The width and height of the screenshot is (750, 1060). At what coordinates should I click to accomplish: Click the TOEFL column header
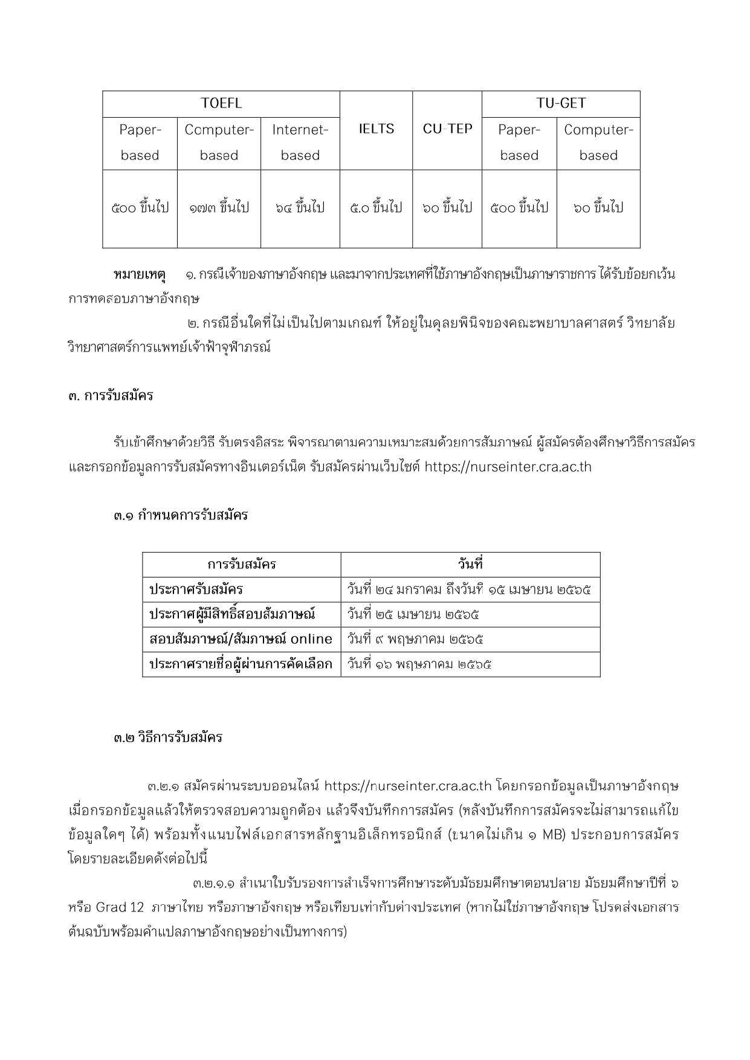221,103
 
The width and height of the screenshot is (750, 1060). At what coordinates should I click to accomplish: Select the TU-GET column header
561,103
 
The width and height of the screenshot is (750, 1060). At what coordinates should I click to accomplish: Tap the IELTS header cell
376,129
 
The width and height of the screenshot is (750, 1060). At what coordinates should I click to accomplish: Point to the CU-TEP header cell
447,129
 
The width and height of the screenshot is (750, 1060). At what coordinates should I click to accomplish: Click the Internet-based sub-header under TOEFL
300,143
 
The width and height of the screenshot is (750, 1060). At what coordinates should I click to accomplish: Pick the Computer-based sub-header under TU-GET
598,143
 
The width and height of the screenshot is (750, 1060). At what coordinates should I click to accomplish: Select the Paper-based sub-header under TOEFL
140,143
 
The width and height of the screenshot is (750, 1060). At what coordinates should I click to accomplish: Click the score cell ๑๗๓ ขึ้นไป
219,208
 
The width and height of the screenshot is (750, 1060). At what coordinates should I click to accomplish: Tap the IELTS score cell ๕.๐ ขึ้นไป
376,208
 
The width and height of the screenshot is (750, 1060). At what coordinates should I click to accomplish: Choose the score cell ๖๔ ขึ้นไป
300,208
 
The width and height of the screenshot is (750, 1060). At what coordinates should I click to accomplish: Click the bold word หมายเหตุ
140,275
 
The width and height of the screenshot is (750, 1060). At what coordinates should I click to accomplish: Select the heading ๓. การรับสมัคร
111,396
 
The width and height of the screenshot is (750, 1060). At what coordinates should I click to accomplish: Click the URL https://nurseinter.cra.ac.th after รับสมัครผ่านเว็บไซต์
508,467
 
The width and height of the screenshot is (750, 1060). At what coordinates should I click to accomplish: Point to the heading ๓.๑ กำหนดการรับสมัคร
181,516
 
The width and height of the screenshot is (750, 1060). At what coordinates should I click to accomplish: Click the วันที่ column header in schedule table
470,565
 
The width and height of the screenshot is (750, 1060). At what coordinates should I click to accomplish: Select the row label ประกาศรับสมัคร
196,589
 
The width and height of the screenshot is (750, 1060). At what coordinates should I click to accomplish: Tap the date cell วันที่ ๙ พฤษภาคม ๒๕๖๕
415,639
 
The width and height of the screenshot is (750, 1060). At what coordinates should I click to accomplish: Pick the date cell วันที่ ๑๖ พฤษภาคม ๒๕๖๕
419,664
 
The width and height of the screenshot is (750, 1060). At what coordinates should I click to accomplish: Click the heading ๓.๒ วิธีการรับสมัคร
168,737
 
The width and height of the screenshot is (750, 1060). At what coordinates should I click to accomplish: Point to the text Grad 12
120,907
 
